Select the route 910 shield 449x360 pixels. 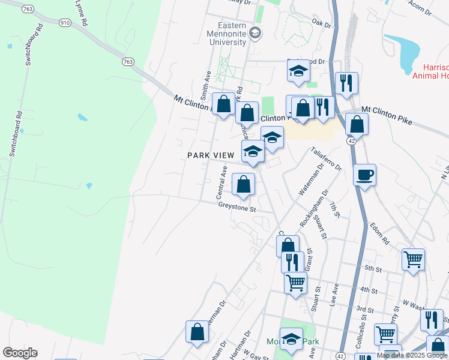click(64, 22)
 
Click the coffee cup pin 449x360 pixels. click(364, 175)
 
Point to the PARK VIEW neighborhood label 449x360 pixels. click(210, 155)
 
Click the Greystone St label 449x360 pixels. click(237, 209)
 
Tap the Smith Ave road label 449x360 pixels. click(206, 84)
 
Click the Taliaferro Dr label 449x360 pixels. click(326, 158)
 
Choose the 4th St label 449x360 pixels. click(368, 290)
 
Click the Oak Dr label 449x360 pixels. click(322, 24)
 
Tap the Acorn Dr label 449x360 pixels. click(420, 7)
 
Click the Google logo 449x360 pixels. click(20, 353)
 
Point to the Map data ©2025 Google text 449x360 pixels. click(412, 355)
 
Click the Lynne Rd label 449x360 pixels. click(81, 12)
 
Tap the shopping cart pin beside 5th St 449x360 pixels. click(413, 260)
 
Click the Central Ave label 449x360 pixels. click(220, 184)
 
